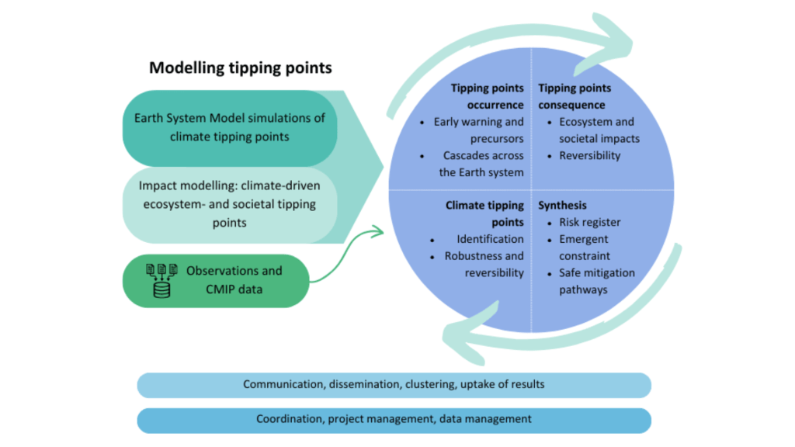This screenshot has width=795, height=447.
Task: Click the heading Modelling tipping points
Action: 241,68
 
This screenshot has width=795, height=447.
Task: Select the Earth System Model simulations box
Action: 229,127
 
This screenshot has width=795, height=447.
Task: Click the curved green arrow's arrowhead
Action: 380,230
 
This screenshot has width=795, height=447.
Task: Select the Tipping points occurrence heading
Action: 487,96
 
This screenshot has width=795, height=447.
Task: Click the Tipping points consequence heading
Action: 575,96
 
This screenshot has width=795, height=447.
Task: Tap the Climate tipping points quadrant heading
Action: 484,214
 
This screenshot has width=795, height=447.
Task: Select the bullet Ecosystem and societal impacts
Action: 598,130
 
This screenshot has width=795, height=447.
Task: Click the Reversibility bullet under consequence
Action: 590,155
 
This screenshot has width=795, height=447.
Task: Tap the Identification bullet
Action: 489,239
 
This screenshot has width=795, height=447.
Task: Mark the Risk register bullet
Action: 590,222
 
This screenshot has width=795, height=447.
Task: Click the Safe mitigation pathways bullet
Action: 596,281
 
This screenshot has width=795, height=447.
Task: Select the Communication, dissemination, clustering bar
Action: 394,385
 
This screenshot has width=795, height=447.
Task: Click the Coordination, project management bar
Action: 394,419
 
